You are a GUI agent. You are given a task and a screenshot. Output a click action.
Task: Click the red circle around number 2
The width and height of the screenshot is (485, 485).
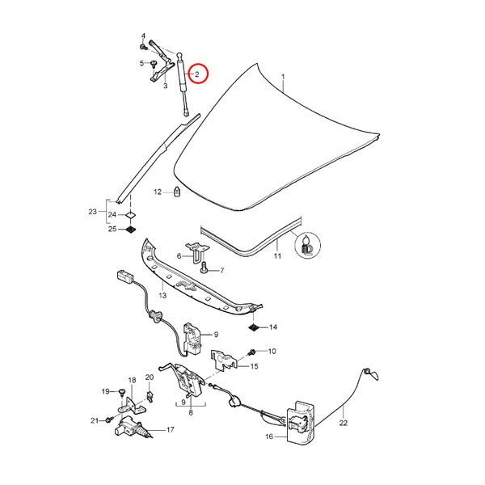point(195,75)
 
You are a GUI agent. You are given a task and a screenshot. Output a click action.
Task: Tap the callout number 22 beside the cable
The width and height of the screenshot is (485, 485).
point(343,422)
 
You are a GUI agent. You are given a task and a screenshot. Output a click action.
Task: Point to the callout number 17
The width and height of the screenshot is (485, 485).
point(170,430)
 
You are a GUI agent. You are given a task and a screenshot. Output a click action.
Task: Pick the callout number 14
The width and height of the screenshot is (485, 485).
point(273,327)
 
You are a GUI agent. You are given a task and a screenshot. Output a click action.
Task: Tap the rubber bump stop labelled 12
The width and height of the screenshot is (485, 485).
point(176,192)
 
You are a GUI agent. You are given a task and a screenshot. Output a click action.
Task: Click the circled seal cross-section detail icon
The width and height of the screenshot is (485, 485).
point(308,245)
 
